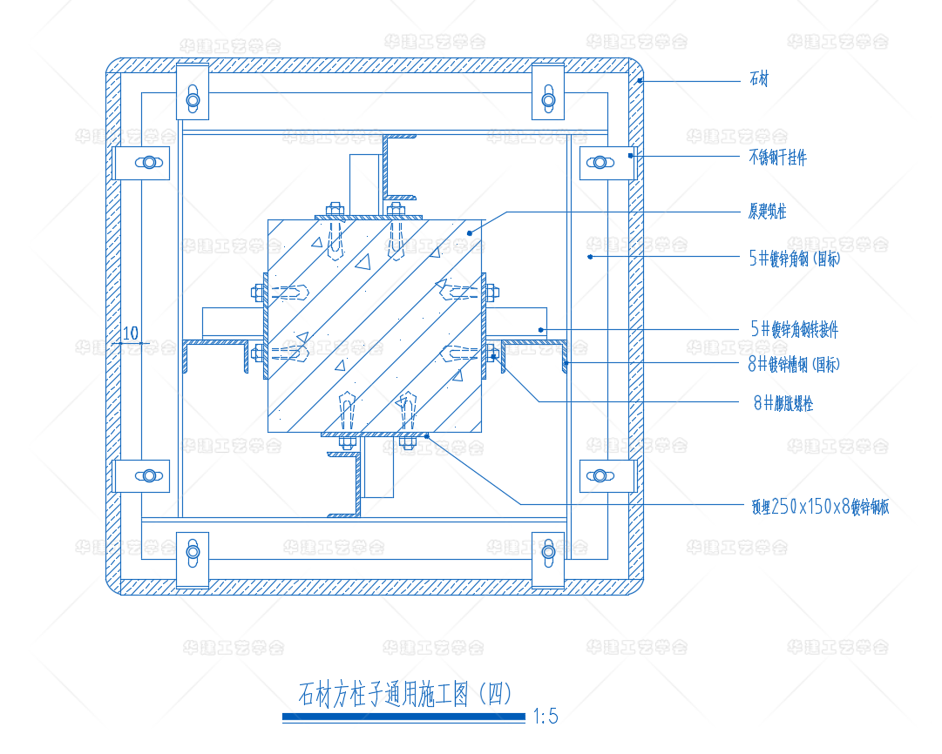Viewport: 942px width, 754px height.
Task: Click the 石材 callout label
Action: pos(759,81)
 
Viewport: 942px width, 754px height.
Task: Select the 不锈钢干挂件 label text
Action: pos(777,158)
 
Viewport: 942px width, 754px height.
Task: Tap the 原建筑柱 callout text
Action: pos(767,212)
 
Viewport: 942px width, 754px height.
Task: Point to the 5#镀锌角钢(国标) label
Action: pos(794,259)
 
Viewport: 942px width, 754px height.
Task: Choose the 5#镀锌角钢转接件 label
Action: pos(794,329)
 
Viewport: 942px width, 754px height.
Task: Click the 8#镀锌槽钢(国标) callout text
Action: pos(794,365)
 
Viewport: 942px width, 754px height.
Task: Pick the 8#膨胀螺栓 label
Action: pos(783,403)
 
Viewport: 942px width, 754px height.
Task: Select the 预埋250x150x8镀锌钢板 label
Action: pos(819,508)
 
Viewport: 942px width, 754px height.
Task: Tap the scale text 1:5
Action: pos(546,717)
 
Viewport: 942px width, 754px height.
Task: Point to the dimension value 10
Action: pos(131,333)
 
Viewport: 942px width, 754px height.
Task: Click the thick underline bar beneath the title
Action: pos(403,717)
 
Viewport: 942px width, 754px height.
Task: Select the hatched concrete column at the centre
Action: pos(376,325)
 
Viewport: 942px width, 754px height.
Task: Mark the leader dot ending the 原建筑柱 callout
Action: pos(469,232)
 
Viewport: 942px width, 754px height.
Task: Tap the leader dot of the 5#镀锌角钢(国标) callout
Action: pos(590,256)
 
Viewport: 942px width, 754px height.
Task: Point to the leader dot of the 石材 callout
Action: pos(640,81)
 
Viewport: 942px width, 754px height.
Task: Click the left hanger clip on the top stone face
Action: pos(193,91)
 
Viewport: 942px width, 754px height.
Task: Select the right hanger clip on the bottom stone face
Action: pos(548,560)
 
